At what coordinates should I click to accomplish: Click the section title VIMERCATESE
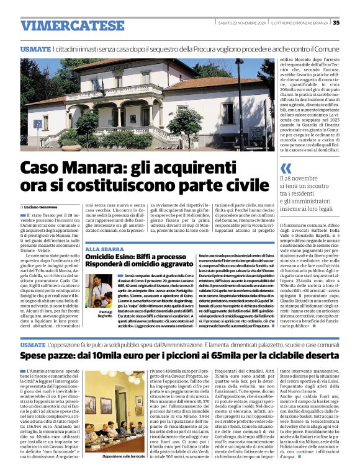tap(72, 26)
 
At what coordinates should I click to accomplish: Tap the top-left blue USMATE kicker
tap(35, 48)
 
